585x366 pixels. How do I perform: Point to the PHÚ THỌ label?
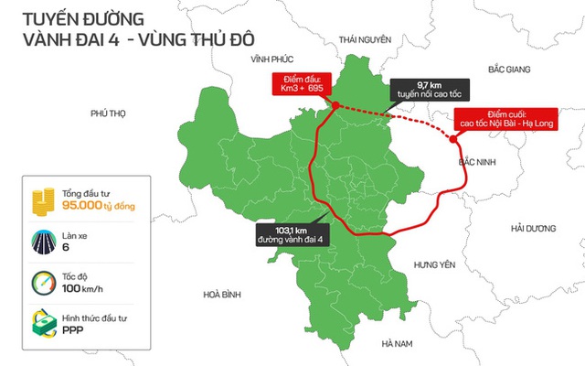pos(107,113)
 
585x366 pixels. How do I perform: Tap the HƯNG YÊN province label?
pos(434,264)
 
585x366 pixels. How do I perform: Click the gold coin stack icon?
pos(39,199)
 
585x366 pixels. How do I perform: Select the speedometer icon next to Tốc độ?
pos(39,282)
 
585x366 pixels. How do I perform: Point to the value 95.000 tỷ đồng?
pos(98,208)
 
